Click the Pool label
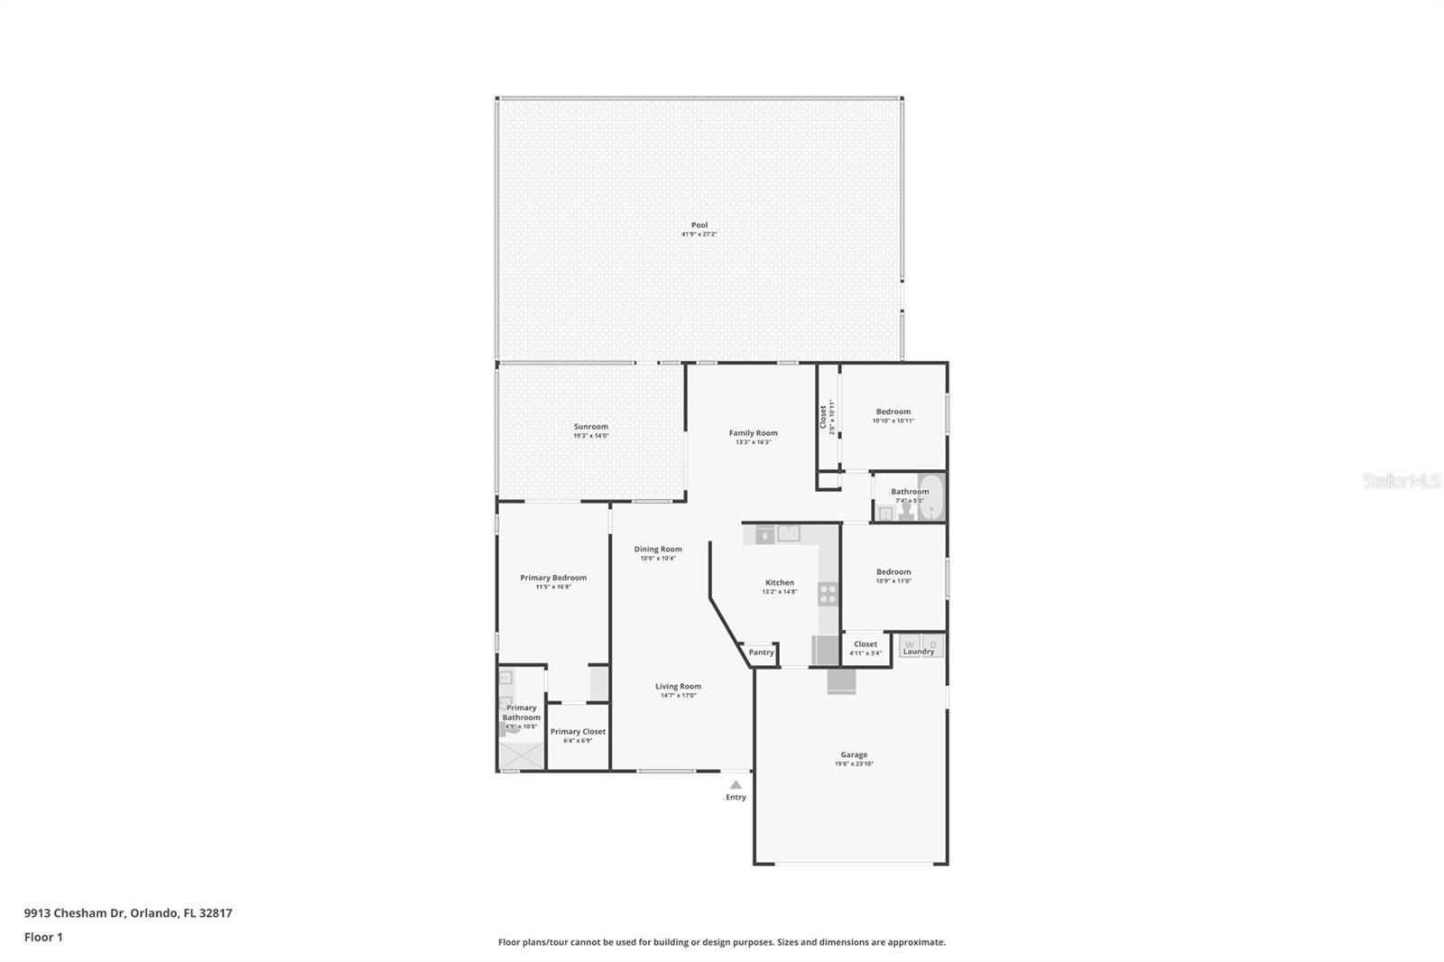pyautogui.click(x=699, y=225)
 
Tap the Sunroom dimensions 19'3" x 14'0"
pyautogui.click(x=591, y=436)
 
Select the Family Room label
pyautogui.click(x=753, y=432)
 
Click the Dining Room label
pyautogui.click(x=658, y=549)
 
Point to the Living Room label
pyautogui.click(x=678, y=686)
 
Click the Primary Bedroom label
pyautogui.click(x=553, y=578)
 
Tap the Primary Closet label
pyautogui.click(x=578, y=731)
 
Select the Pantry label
pyautogui.click(x=761, y=652)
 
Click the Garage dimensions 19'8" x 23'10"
pyautogui.click(x=854, y=764)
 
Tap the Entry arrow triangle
pyautogui.click(x=736, y=784)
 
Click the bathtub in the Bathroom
pyautogui.click(x=930, y=497)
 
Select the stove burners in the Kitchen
pyautogui.click(x=827, y=593)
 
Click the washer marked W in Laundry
pyautogui.click(x=910, y=644)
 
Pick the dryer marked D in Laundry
pyautogui.click(x=933, y=644)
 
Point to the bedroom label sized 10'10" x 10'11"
pyautogui.click(x=893, y=411)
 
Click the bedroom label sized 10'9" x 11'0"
pyautogui.click(x=893, y=571)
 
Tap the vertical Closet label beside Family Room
pyautogui.click(x=823, y=416)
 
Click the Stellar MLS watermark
pyautogui.click(x=1401, y=481)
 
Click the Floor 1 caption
pyautogui.click(x=43, y=937)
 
